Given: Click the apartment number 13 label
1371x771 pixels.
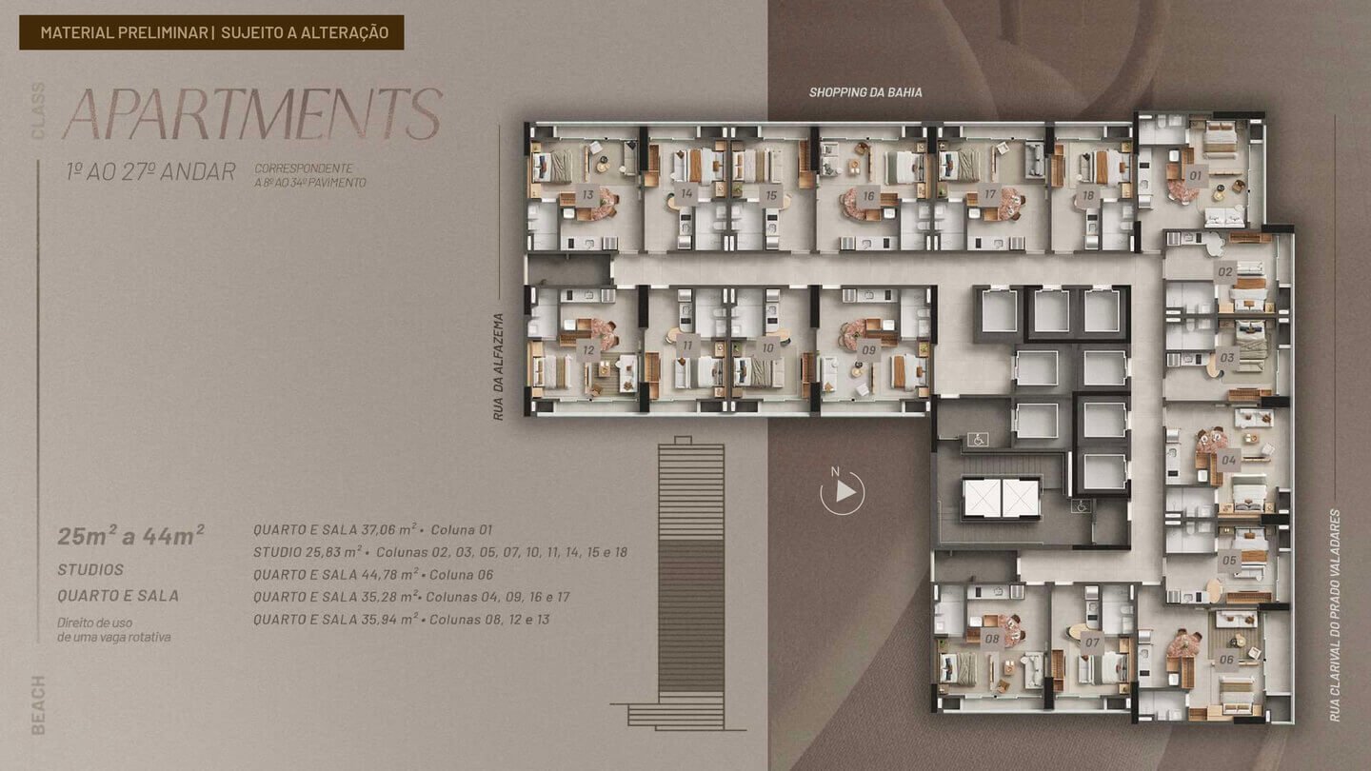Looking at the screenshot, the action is pyautogui.click(x=588, y=195).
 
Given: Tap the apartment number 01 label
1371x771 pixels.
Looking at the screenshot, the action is pyautogui.click(x=1196, y=175).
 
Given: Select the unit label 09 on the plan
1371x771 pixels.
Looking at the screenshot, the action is pyautogui.click(x=868, y=350).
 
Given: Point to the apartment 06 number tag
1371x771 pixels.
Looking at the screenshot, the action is pyautogui.click(x=1226, y=660).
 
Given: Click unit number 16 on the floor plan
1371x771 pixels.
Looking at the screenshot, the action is pyautogui.click(x=868, y=196).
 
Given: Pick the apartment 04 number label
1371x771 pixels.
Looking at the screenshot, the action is pyautogui.click(x=1229, y=460).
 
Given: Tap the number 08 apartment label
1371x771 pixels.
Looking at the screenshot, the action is pyautogui.click(x=992, y=639).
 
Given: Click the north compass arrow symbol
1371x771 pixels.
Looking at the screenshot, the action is pyautogui.click(x=843, y=491).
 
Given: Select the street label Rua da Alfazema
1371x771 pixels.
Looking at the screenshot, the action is pyautogui.click(x=498, y=366).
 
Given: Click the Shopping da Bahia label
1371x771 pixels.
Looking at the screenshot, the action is pyautogui.click(x=865, y=92).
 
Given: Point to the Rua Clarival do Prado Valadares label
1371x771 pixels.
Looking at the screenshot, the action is pyautogui.click(x=1335, y=616).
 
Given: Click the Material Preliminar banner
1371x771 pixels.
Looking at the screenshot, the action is pyautogui.click(x=211, y=32).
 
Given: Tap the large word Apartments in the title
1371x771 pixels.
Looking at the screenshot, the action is pyautogui.click(x=252, y=114).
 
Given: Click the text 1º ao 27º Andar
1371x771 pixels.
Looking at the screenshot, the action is pyautogui.click(x=150, y=172).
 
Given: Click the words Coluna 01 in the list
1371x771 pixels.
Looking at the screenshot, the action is pyautogui.click(x=462, y=530).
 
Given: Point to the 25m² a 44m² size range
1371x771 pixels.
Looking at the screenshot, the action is pyautogui.click(x=131, y=535).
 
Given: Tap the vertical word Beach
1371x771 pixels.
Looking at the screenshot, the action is pyautogui.click(x=38, y=705).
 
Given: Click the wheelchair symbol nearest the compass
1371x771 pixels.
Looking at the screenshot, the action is pyautogui.click(x=978, y=439).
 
